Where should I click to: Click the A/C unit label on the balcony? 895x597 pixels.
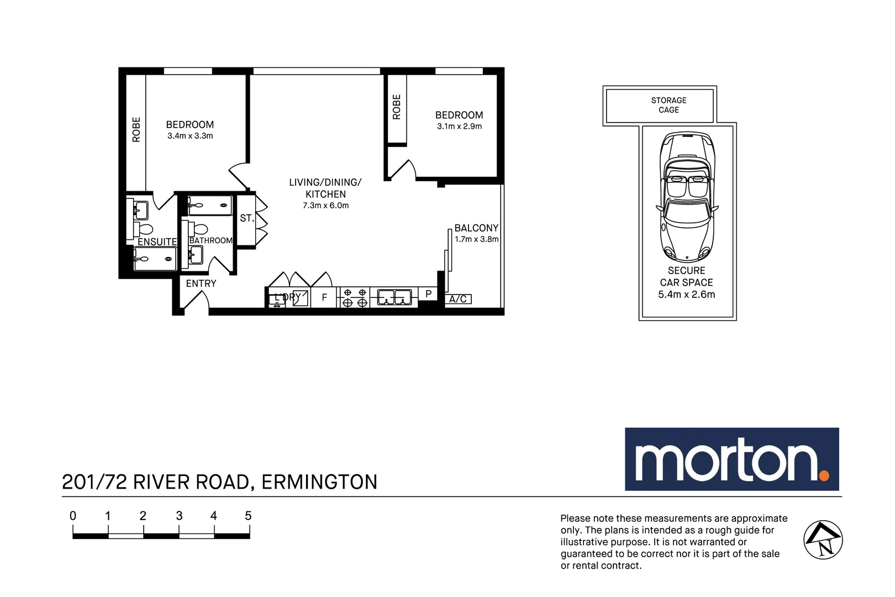tap(458, 299)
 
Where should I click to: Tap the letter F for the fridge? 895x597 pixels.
tap(324, 297)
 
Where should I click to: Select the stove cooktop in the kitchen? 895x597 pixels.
tap(354, 297)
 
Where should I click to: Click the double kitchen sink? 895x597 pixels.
tap(394, 297)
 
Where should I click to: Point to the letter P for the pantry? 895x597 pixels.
tap(428, 294)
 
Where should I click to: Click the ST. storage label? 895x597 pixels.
tap(246, 218)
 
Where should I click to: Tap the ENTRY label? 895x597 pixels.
tap(201, 284)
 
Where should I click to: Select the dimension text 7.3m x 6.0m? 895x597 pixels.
tap(325, 206)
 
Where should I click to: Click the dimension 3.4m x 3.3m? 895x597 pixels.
tap(190, 136)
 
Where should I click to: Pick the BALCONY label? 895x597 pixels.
tap(476, 228)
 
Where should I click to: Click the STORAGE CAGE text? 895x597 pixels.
tap(668, 105)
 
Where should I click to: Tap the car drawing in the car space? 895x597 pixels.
tap(687, 196)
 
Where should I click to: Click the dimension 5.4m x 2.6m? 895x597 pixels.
tap(686, 295)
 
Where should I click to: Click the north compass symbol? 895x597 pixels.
tap(823, 540)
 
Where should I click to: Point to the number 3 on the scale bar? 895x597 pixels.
tap(179, 516)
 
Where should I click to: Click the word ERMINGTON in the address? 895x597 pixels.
tap(319, 482)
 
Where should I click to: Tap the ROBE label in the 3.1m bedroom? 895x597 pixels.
tap(397, 107)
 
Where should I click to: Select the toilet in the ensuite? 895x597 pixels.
tap(145, 229)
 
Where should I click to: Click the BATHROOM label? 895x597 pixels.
tap(210, 240)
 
